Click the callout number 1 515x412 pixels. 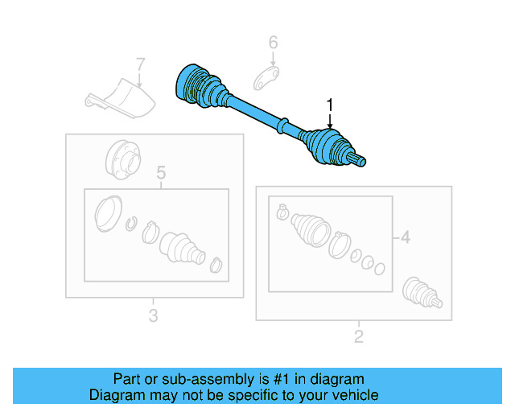(329, 104)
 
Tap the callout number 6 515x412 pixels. (273, 42)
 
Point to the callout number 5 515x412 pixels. (160, 172)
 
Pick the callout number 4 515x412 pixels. (405, 237)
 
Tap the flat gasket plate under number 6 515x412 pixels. (266, 80)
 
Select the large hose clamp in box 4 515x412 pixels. (338, 242)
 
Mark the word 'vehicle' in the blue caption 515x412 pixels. (352, 395)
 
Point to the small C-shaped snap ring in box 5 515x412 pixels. (134, 223)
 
